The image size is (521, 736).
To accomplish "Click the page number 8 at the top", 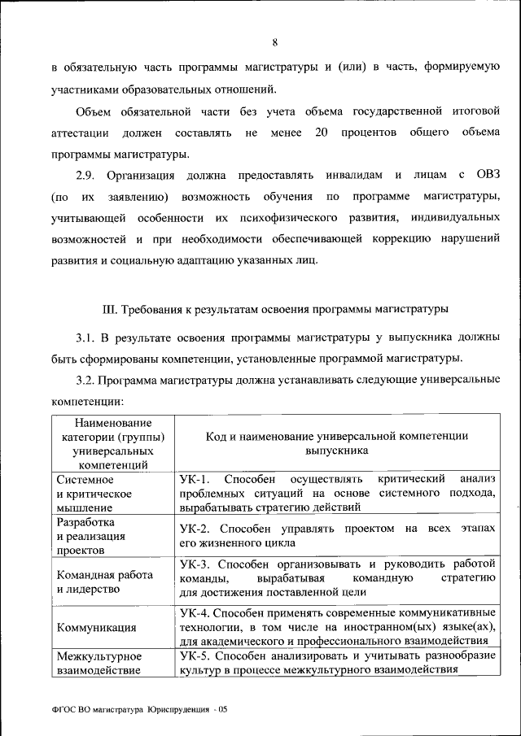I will pyautogui.click(x=275, y=42).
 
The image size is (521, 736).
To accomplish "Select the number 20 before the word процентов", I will pyautogui.click(x=321, y=132).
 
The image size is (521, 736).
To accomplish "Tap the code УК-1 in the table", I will pyautogui.click(x=195, y=479).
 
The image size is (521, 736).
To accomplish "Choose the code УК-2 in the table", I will pyautogui.click(x=195, y=529).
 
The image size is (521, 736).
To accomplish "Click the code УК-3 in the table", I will pyautogui.click(x=195, y=563).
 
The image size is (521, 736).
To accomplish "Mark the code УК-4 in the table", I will pyautogui.click(x=195, y=612).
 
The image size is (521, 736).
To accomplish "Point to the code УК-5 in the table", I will pyautogui.click(x=195, y=655).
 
